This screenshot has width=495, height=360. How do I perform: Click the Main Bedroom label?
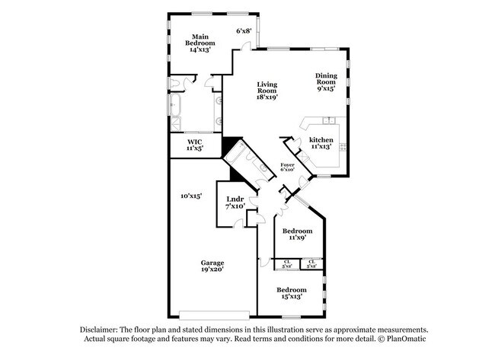point(200,36)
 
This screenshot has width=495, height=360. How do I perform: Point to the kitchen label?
point(321,140)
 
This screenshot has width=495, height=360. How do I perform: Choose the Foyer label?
point(287,164)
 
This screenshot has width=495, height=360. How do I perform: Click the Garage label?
point(212,263)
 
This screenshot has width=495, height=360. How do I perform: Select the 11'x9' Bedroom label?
point(297,231)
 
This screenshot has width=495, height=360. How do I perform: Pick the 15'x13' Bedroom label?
point(291,290)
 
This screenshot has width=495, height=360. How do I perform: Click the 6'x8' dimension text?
point(244,31)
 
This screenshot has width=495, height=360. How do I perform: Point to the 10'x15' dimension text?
point(190,196)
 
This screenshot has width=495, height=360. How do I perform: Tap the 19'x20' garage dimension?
point(212,270)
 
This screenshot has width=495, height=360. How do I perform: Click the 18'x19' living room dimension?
point(267,97)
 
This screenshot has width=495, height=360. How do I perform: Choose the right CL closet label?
point(311,264)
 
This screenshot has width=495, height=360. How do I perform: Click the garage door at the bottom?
point(213,313)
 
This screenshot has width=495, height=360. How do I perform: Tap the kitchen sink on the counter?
point(328,121)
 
